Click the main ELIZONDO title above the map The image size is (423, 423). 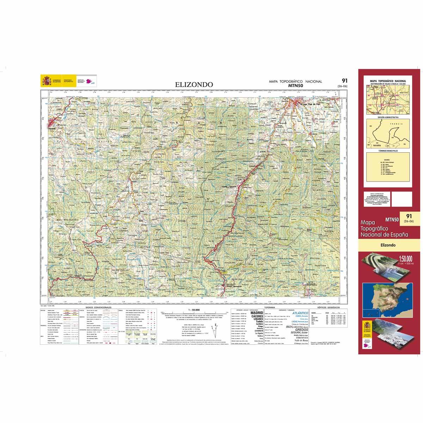194,85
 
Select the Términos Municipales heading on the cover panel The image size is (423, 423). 388,151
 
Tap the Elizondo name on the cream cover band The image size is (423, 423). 388,245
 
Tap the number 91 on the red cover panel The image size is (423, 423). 409,216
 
